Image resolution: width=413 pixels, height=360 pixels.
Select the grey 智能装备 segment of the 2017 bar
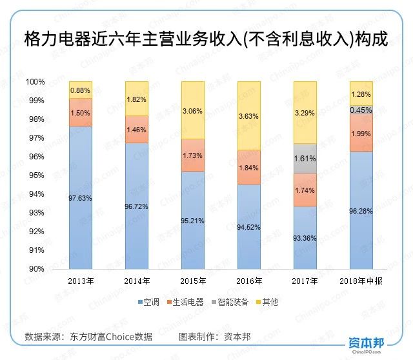tap(305, 158)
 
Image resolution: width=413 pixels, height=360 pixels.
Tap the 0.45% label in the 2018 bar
tap(361, 110)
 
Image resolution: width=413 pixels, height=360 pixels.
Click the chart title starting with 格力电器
tap(206, 38)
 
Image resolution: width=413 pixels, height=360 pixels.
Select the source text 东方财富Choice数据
tap(115, 336)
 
